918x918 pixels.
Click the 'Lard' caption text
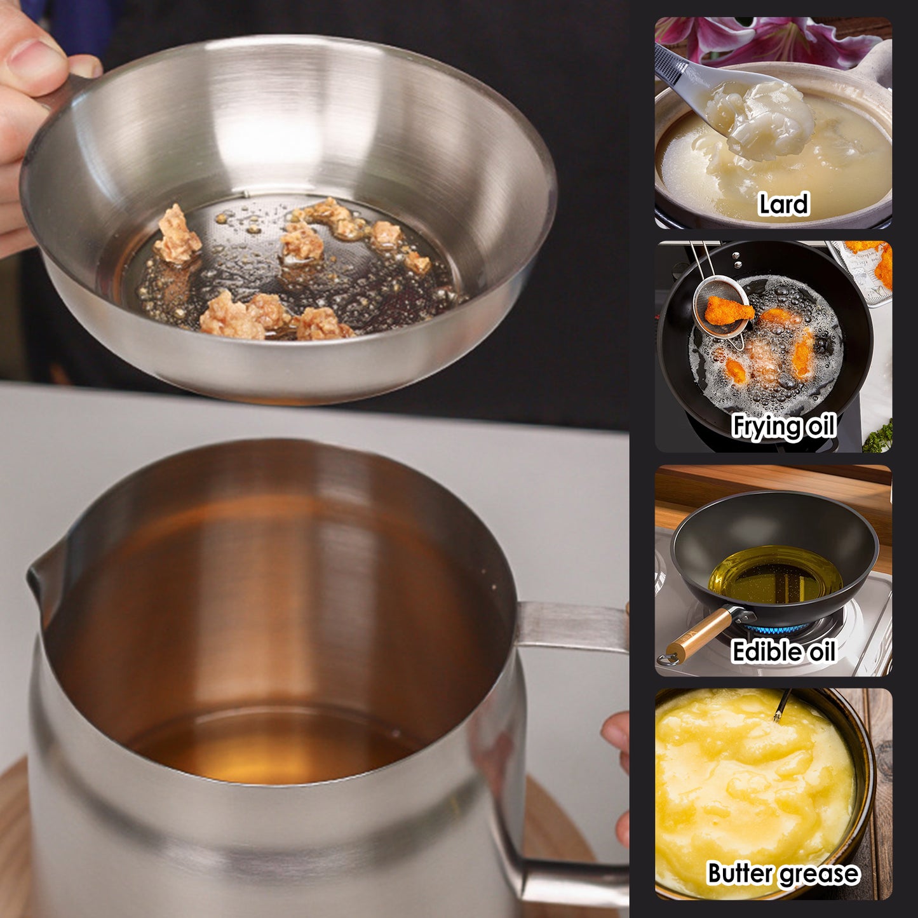click(x=783, y=205)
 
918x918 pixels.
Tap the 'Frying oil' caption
click(x=783, y=426)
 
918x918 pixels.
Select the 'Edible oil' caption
click(x=783, y=651)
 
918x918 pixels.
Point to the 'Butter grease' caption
click(x=783, y=874)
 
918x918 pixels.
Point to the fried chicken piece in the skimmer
click(x=729, y=309)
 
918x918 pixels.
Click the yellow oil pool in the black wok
click(x=775, y=575)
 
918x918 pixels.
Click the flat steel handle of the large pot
click(x=572, y=626)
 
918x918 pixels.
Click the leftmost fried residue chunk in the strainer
click(x=177, y=235)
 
